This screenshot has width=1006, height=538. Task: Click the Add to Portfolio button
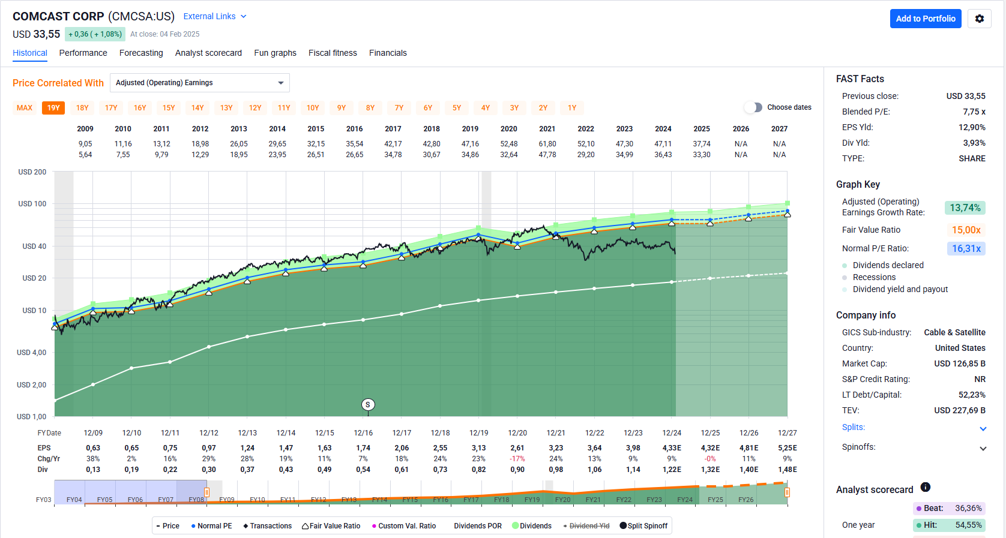point(926,19)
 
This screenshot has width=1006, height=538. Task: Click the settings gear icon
point(980,19)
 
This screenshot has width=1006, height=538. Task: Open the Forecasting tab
point(141,53)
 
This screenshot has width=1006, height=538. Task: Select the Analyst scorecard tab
point(208,53)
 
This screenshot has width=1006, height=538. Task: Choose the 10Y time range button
point(313,108)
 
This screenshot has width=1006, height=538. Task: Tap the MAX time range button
point(25,108)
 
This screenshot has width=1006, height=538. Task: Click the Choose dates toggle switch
point(753,107)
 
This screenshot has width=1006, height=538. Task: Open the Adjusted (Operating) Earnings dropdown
point(199,83)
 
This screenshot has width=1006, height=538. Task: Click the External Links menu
point(214,16)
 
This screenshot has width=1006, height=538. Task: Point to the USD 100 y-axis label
point(32,204)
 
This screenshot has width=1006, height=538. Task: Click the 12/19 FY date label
point(478,433)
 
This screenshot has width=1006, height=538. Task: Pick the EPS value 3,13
point(478,448)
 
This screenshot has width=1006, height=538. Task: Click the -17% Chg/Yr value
point(517,459)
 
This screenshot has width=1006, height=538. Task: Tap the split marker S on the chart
point(368,405)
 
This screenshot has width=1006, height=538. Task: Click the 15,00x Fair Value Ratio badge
point(966,230)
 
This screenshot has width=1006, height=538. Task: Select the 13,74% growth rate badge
point(965,208)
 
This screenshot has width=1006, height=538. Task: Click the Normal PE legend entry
point(211,526)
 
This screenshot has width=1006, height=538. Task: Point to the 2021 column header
point(547,129)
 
